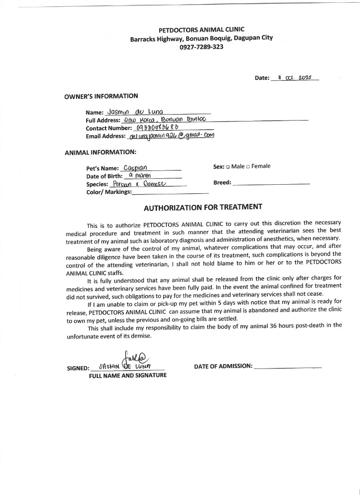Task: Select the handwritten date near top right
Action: point(294,77)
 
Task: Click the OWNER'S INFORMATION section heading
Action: point(101,96)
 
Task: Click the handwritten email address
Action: point(172,136)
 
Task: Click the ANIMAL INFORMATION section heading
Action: point(100,152)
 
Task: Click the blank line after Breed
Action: point(271,183)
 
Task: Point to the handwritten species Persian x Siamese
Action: point(139,184)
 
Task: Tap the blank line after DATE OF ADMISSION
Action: point(287,367)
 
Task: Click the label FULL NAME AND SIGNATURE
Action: point(128,375)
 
